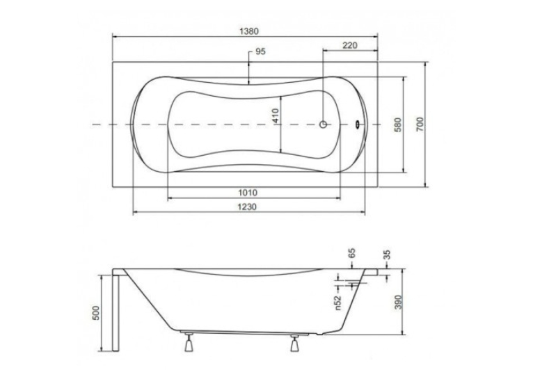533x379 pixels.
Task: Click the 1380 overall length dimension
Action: click(x=249, y=31)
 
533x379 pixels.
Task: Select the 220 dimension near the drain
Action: click(x=350, y=45)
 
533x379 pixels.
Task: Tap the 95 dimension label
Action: click(x=260, y=51)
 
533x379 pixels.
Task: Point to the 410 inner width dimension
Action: click(x=275, y=115)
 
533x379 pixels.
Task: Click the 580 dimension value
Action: click(x=398, y=124)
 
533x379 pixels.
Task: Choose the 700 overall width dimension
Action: click(x=420, y=124)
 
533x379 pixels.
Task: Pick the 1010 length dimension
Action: click(x=248, y=193)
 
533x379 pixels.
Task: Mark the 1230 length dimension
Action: click(x=247, y=207)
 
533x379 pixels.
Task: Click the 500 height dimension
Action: click(x=96, y=313)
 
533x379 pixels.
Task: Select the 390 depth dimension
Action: click(x=399, y=302)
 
